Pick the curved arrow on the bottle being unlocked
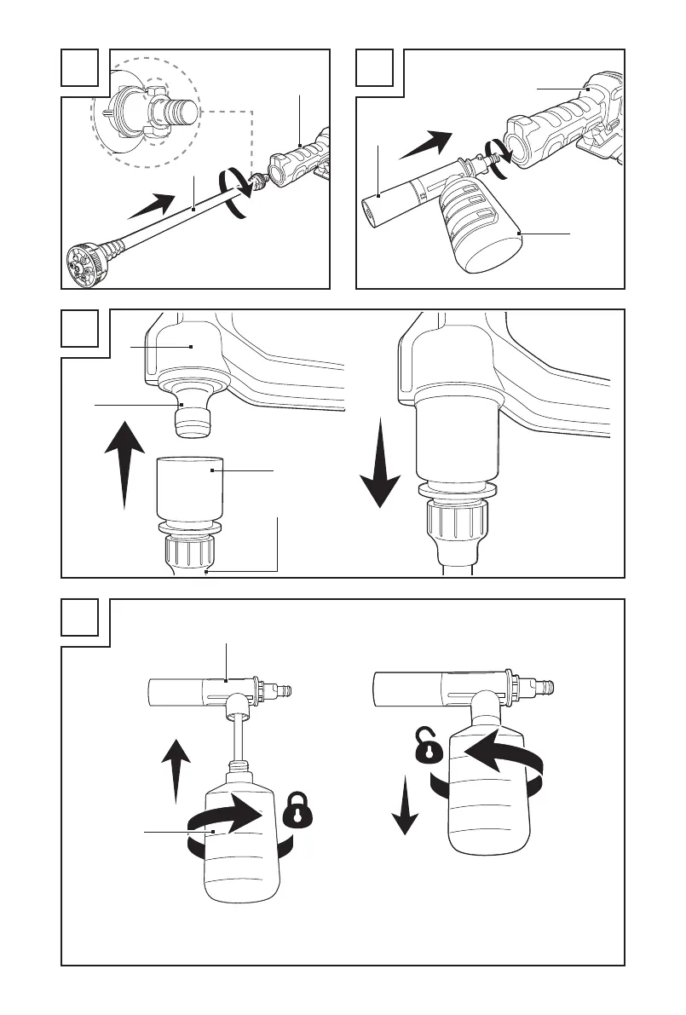pyautogui.click(x=494, y=754)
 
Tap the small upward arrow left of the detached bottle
pyautogui.click(x=176, y=767)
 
